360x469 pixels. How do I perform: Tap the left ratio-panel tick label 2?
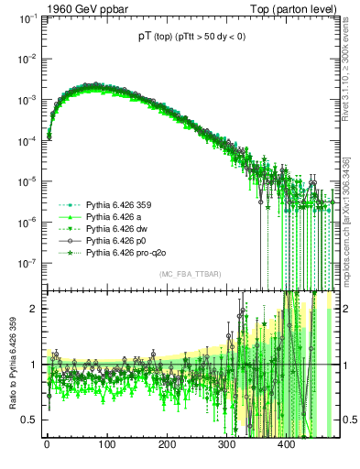(31, 309)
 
